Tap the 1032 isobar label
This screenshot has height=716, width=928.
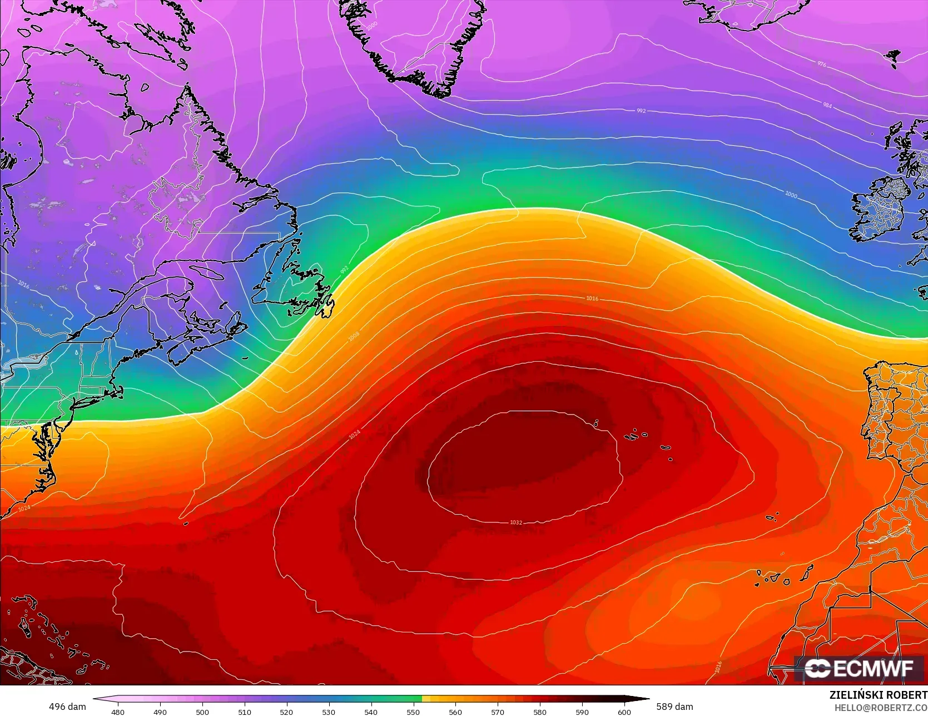tap(516, 522)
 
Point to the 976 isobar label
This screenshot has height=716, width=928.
tap(822, 64)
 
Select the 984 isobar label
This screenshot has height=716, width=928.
tap(827, 105)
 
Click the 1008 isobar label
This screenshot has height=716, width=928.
tap(354, 336)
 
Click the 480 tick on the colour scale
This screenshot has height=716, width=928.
tap(118, 712)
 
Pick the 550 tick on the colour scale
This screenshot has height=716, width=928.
tap(413, 712)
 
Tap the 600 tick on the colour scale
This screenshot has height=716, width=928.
tap(624, 712)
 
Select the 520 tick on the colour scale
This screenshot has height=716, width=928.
tap(286, 712)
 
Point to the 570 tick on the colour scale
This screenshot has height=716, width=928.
tap(498, 712)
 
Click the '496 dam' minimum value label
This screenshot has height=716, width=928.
tap(67, 707)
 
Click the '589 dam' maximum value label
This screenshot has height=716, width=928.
tap(674, 707)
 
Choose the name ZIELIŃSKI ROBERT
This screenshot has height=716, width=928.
tap(878, 695)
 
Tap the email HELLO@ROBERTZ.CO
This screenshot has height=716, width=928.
tap(881, 707)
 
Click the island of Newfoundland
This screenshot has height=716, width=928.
tap(295, 289)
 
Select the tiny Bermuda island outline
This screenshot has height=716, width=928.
tap(186, 523)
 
